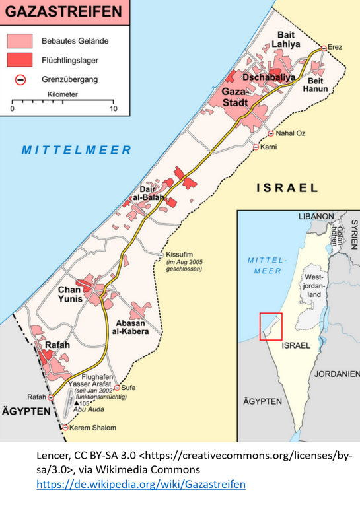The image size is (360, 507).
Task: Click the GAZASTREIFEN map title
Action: point(63,12)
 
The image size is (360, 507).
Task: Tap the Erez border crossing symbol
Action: point(324,48)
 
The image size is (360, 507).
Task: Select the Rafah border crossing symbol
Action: point(51,397)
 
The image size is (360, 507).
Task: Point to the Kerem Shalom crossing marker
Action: point(65,428)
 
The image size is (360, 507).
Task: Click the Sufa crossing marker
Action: point(117,388)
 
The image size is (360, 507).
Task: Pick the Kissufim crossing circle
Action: point(161,255)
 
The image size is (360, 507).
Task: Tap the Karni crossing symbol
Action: point(256,147)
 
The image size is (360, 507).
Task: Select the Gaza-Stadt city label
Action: point(234,98)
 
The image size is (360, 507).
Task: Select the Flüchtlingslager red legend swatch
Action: point(20,59)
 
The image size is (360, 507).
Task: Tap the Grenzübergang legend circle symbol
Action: point(20,79)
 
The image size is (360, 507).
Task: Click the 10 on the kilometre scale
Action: point(113,109)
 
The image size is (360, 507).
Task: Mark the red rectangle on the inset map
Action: point(271,326)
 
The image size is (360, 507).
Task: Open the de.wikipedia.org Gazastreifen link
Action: point(140,484)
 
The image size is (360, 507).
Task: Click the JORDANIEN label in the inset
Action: point(338,374)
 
